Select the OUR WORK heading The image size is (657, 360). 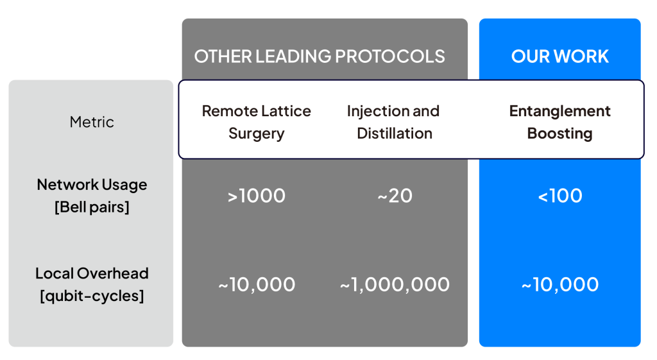[x=559, y=56]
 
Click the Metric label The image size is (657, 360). [x=92, y=122]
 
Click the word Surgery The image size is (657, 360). [x=257, y=133]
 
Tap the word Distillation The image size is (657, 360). [x=395, y=133]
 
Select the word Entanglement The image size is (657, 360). [x=559, y=112]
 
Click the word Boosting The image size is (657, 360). [x=559, y=133]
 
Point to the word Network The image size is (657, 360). [x=67, y=184]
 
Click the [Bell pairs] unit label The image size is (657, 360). [x=92, y=207]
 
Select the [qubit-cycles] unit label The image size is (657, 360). [x=92, y=296]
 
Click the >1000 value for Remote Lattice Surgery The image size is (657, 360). [x=257, y=196]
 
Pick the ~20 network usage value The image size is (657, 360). [x=395, y=196]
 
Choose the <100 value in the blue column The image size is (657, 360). [x=560, y=196]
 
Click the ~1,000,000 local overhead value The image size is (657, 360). [x=395, y=285]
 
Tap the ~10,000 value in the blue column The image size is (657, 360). [x=560, y=285]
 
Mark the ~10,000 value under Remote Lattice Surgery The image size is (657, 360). [x=257, y=285]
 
